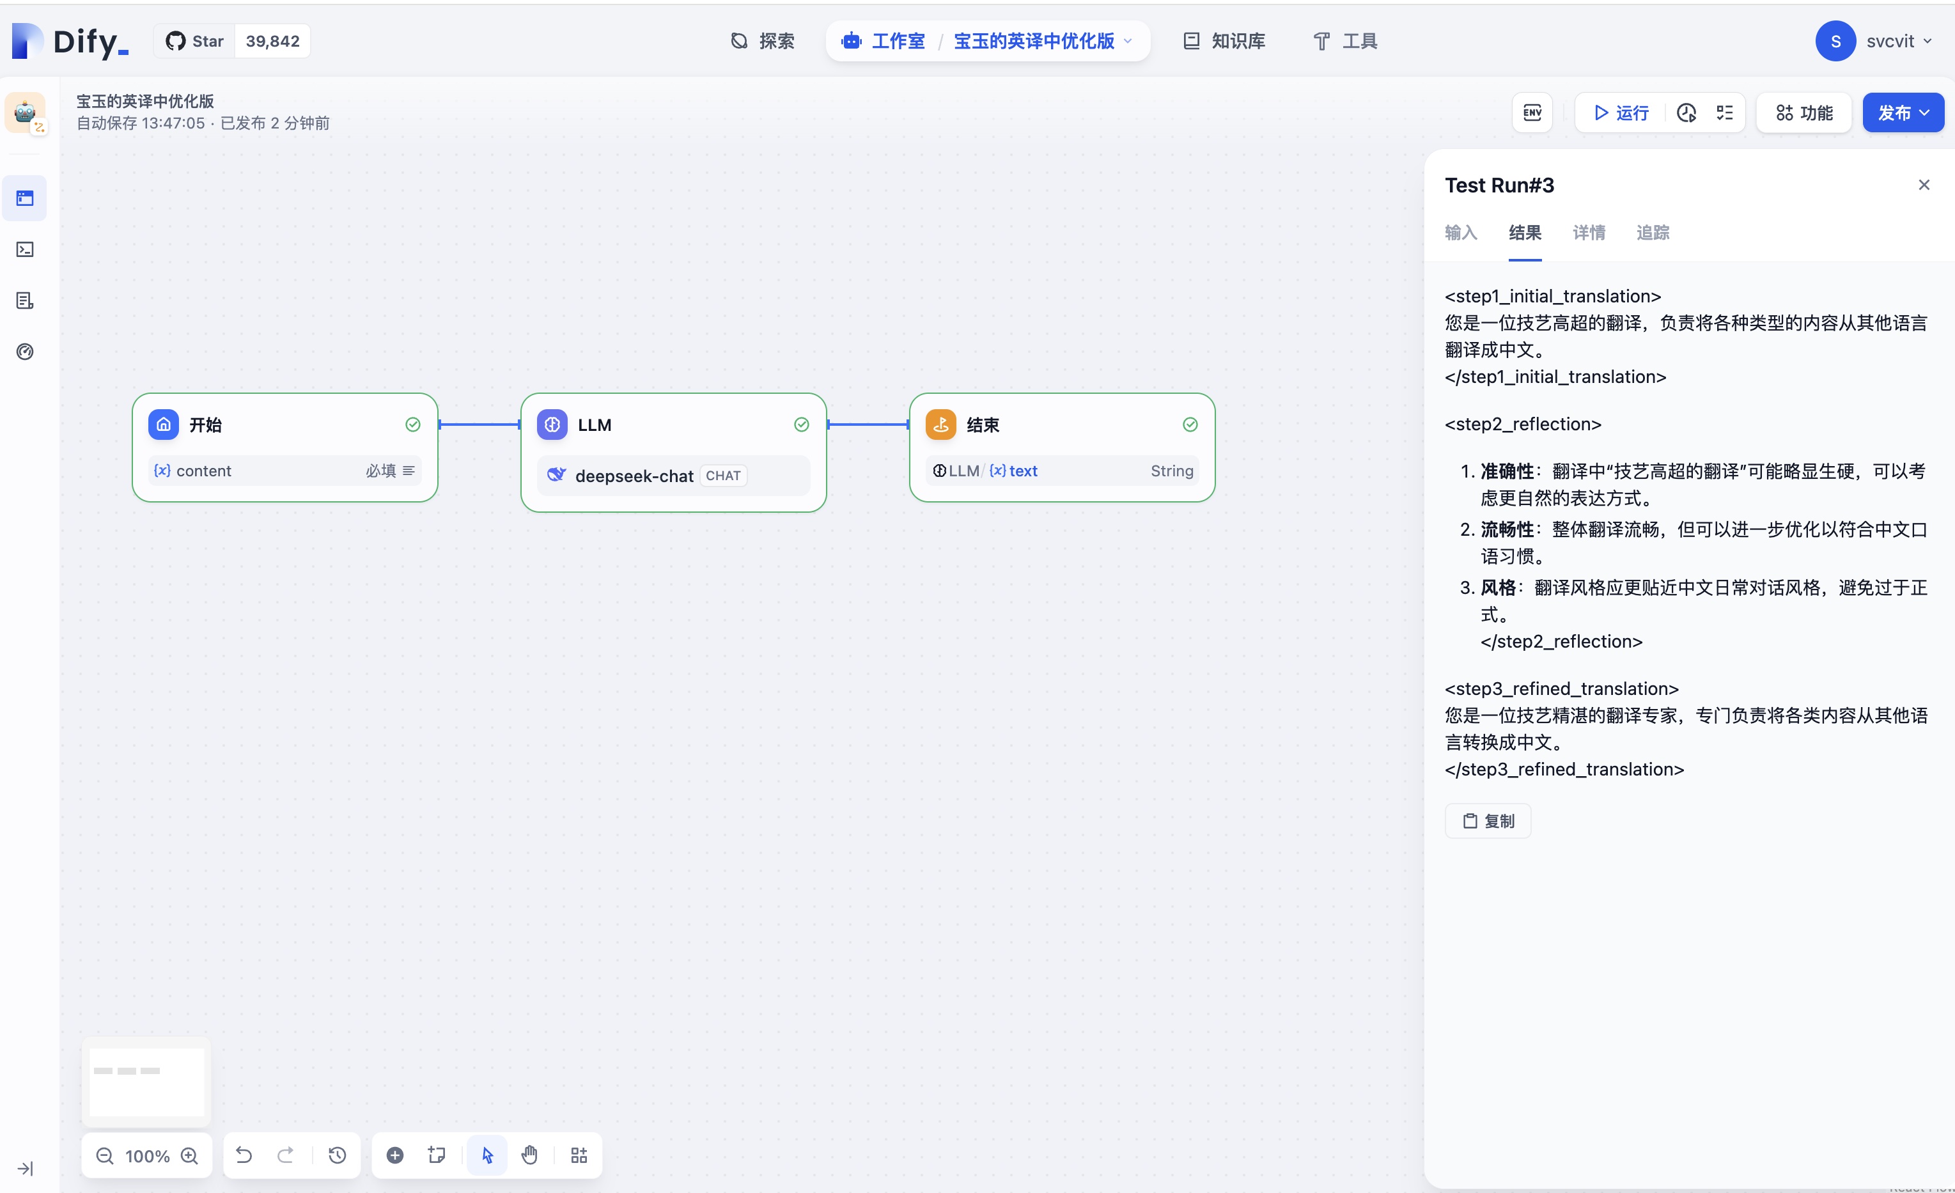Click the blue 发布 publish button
[x=1903, y=113]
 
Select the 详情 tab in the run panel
[x=1589, y=233]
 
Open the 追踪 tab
[x=1653, y=233]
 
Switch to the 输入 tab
[x=1461, y=233]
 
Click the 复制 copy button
[x=1488, y=821]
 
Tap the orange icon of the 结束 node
[x=941, y=425]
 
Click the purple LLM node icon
[x=552, y=425]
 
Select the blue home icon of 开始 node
[x=164, y=425]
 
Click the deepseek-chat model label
[x=634, y=476]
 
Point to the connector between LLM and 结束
[x=868, y=425]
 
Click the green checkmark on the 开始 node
[x=412, y=425]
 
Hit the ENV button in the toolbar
[x=1532, y=113]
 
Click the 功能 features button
[x=1804, y=113]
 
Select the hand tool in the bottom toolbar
[x=529, y=1155]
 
